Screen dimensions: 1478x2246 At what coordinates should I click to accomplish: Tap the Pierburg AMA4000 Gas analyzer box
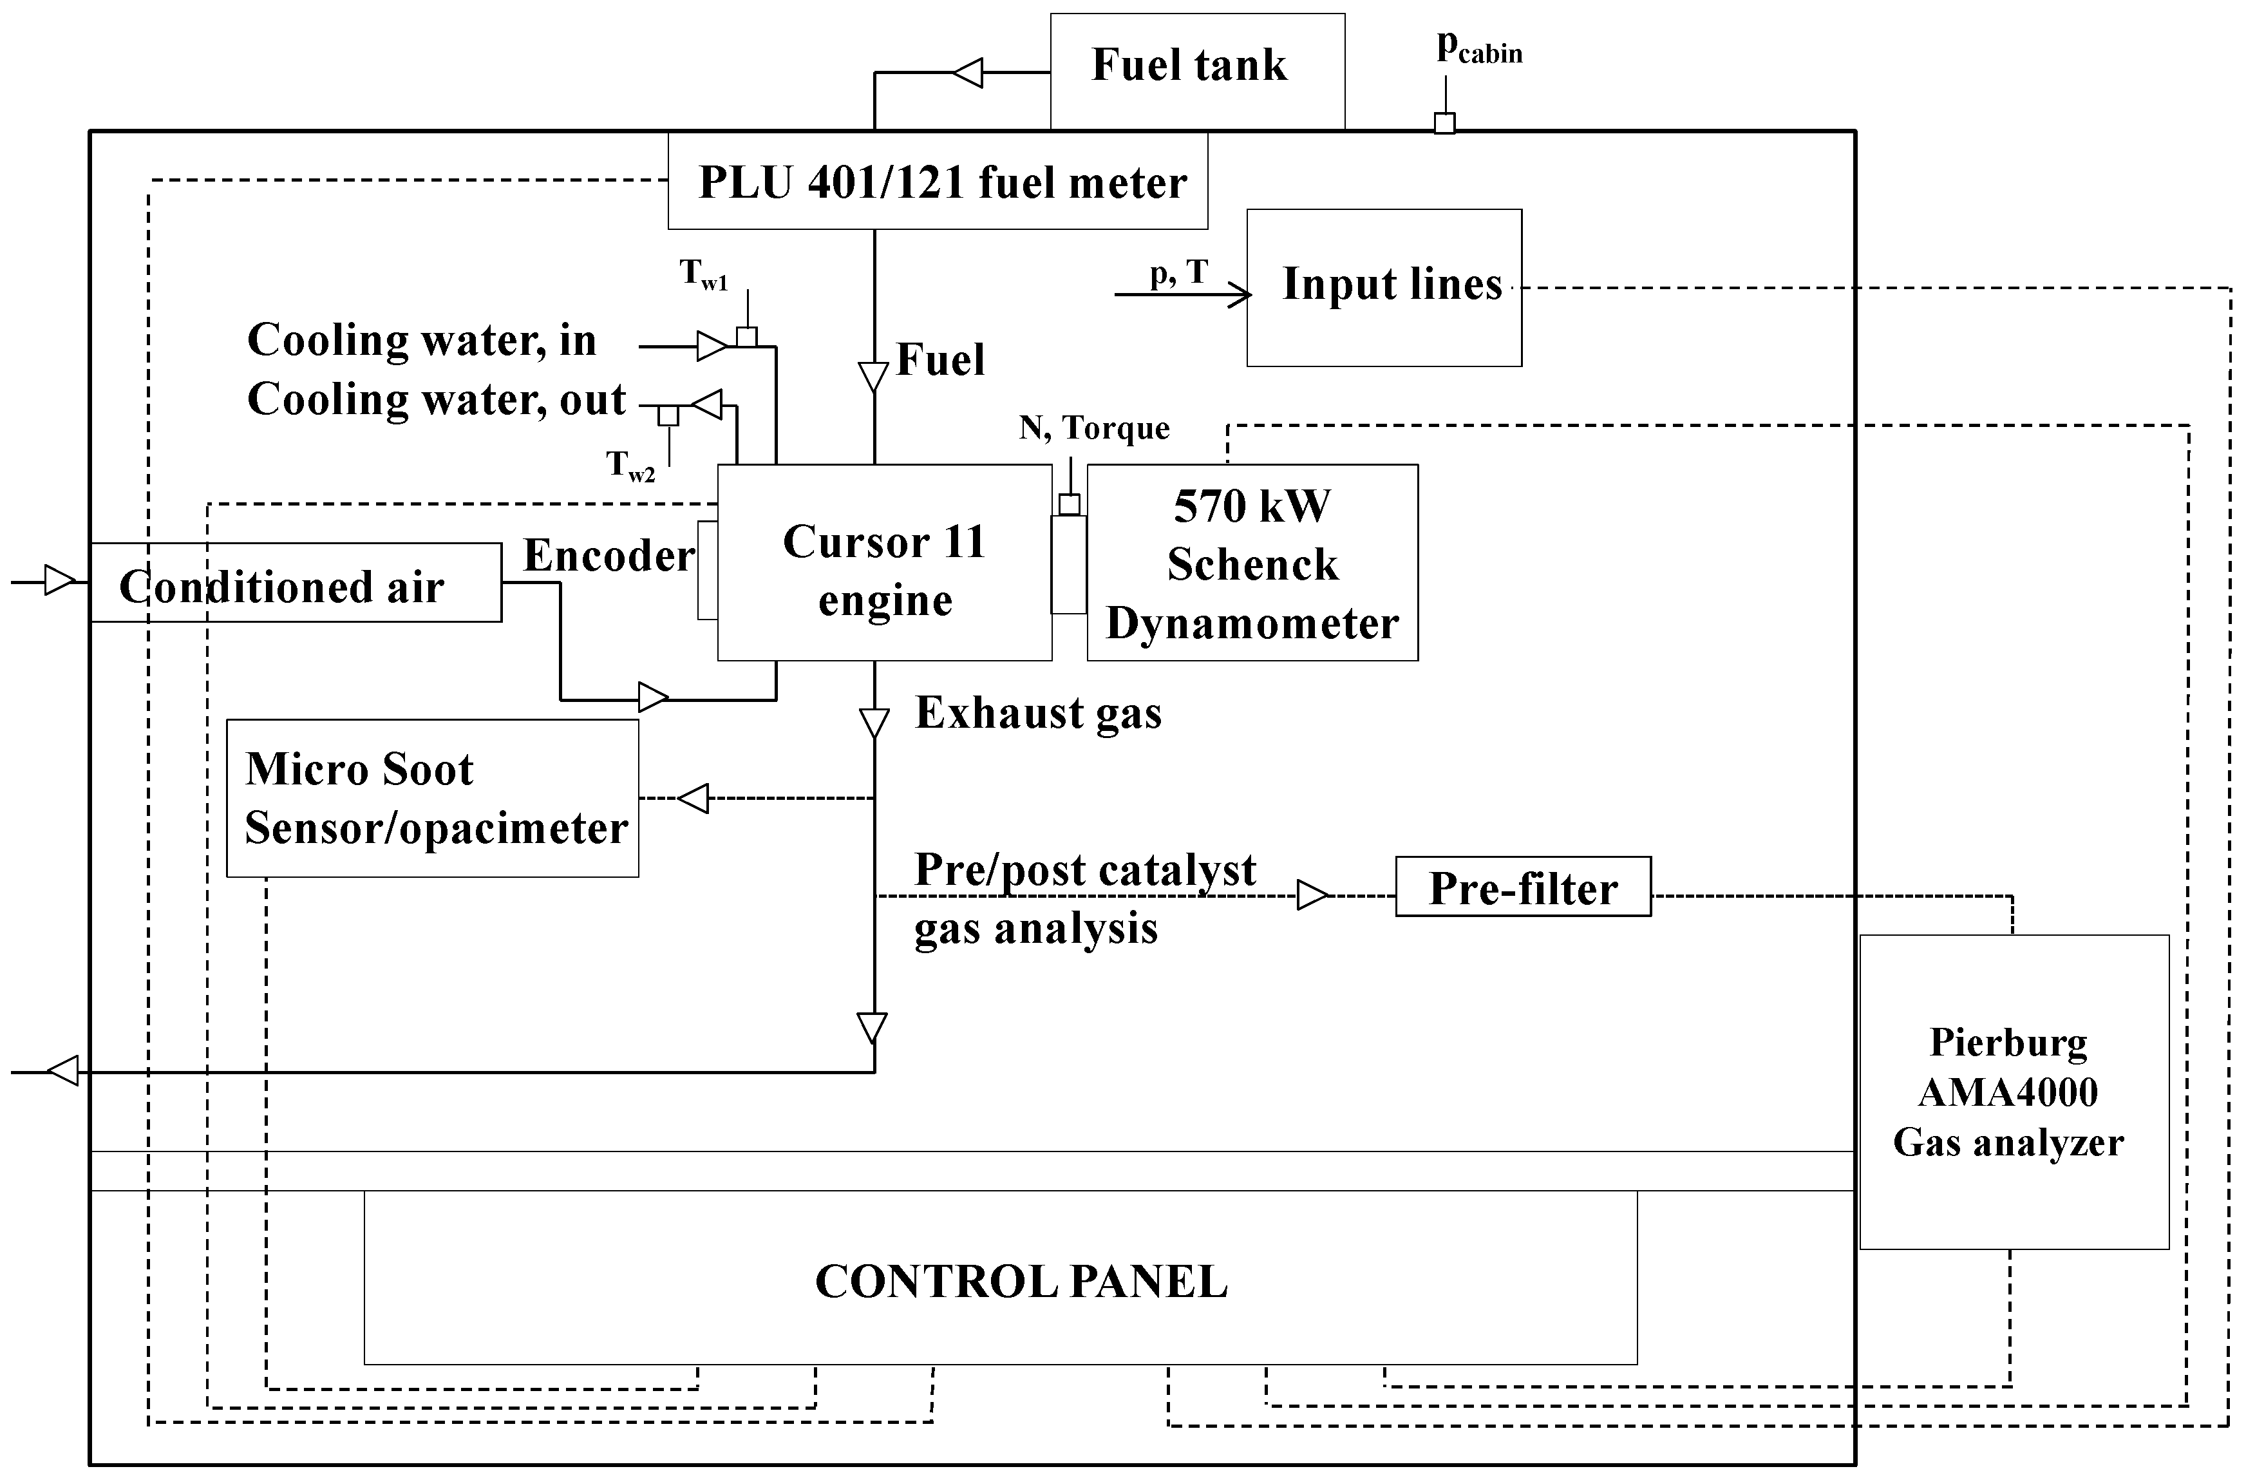(2013, 1092)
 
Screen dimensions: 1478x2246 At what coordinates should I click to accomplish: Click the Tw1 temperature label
(703, 274)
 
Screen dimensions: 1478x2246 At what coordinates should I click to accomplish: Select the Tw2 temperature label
(630, 465)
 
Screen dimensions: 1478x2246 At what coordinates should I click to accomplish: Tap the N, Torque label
(1094, 428)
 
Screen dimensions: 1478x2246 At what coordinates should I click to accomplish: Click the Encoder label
(608, 556)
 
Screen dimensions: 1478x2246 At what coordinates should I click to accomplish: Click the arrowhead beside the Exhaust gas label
(874, 723)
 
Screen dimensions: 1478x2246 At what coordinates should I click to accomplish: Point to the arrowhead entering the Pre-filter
(1311, 895)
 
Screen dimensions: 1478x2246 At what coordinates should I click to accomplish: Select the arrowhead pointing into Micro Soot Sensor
(694, 799)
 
